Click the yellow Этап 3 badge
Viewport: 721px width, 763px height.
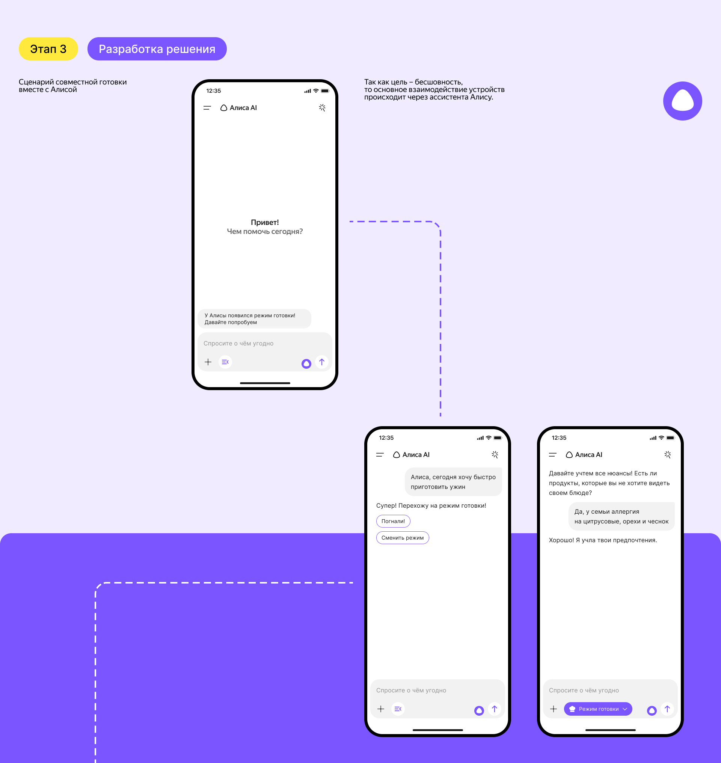pyautogui.click(x=48, y=49)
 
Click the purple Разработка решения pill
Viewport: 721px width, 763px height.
pyautogui.click(x=157, y=49)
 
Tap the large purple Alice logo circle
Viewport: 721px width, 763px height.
pyautogui.click(x=683, y=101)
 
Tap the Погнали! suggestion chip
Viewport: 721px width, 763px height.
pyautogui.click(x=393, y=521)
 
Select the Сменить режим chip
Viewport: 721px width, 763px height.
pyautogui.click(x=403, y=538)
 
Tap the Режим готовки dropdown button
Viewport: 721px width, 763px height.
pyautogui.click(x=598, y=709)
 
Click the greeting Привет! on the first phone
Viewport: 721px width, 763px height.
pyautogui.click(x=265, y=222)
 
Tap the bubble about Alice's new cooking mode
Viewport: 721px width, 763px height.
pyautogui.click(x=255, y=319)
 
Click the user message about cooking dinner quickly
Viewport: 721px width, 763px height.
pyautogui.click(x=453, y=482)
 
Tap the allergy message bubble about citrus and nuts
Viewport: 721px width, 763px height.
pyautogui.click(x=621, y=516)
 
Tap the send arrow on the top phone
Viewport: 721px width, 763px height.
pyautogui.click(x=322, y=362)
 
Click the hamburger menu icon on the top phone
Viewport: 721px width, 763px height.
pyautogui.click(x=207, y=108)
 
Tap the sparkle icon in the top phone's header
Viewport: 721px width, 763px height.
pyautogui.click(x=322, y=108)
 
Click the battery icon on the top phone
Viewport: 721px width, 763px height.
pyautogui.click(x=325, y=91)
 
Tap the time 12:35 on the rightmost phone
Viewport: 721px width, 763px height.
pyautogui.click(x=559, y=438)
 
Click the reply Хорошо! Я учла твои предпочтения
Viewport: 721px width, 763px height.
pyautogui.click(x=603, y=540)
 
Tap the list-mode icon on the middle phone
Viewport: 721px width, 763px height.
pyautogui.click(x=398, y=709)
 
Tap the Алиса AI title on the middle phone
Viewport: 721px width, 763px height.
pyautogui.click(x=416, y=455)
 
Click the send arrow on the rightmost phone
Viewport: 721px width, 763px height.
pyautogui.click(x=667, y=709)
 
